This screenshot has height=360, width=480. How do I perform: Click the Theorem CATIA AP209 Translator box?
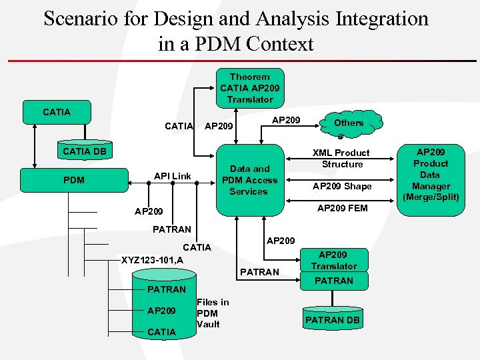point(250,88)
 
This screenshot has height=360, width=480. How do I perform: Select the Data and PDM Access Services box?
point(249,180)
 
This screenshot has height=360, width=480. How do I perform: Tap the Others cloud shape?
point(349,123)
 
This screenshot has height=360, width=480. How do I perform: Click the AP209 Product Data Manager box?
point(431,175)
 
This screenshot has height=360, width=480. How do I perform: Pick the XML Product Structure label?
point(342,159)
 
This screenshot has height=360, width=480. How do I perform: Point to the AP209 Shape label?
point(342,186)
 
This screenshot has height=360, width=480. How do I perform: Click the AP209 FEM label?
point(342,208)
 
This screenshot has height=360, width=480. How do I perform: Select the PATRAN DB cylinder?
point(333,319)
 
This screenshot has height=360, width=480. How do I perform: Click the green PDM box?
point(73,179)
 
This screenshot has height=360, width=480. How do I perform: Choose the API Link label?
point(172,176)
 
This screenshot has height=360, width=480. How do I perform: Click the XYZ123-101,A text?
point(152,260)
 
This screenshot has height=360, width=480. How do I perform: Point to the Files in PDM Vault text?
point(213,313)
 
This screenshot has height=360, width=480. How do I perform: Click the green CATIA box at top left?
point(56,111)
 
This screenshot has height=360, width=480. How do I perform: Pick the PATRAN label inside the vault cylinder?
point(166,289)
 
